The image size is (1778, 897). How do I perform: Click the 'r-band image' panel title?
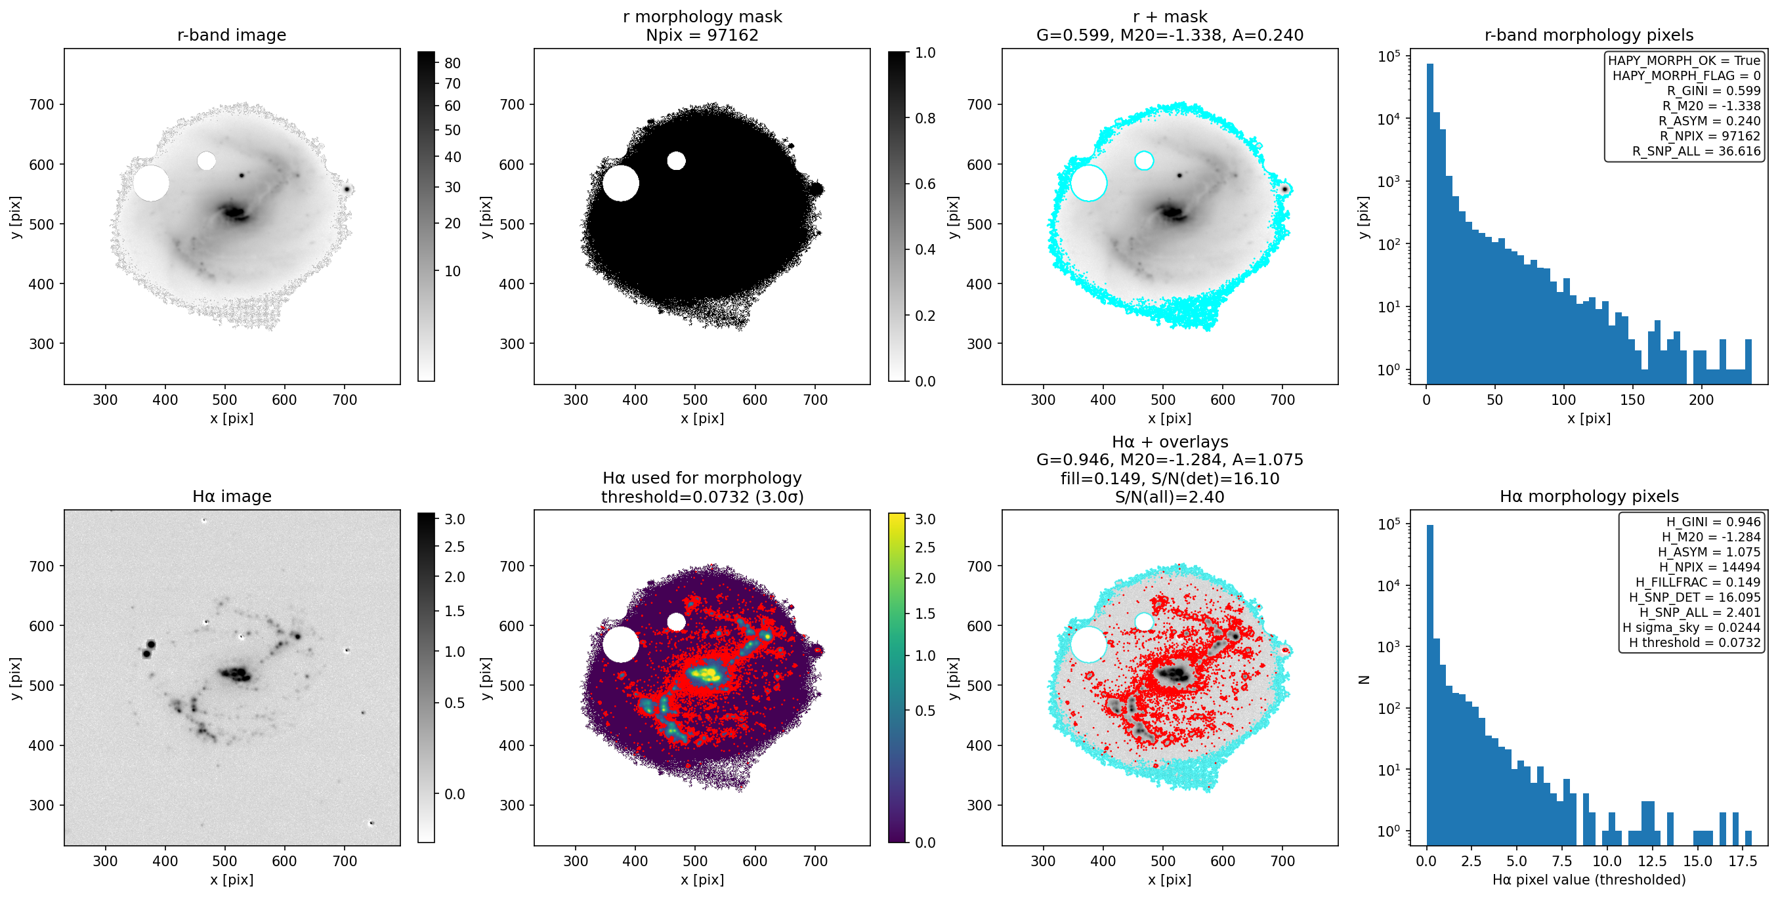[x=231, y=35]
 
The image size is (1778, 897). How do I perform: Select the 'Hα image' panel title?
[x=231, y=496]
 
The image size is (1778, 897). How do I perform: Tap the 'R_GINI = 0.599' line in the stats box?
[x=1714, y=91]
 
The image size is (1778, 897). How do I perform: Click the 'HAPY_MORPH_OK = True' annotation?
[x=1684, y=61]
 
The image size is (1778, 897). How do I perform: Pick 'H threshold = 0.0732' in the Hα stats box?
[x=1695, y=642]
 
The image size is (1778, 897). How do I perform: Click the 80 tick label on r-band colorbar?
[x=453, y=64]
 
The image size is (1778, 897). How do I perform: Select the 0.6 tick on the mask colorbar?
[x=925, y=184]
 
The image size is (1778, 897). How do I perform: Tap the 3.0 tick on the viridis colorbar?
[x=925, y=520]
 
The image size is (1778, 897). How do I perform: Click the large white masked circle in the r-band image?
[x=151, y=183]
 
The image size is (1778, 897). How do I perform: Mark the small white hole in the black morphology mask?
[x=677, y=161]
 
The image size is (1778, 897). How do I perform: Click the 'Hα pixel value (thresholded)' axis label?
[x=1589, y=880]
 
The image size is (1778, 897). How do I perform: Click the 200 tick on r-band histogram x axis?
[x=1701, y=400]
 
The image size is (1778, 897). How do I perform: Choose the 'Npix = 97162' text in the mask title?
[x=702, y=35]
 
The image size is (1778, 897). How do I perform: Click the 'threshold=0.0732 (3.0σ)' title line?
[x=702, y=497]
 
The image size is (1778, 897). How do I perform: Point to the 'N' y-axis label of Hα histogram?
[x=1364, y=680]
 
